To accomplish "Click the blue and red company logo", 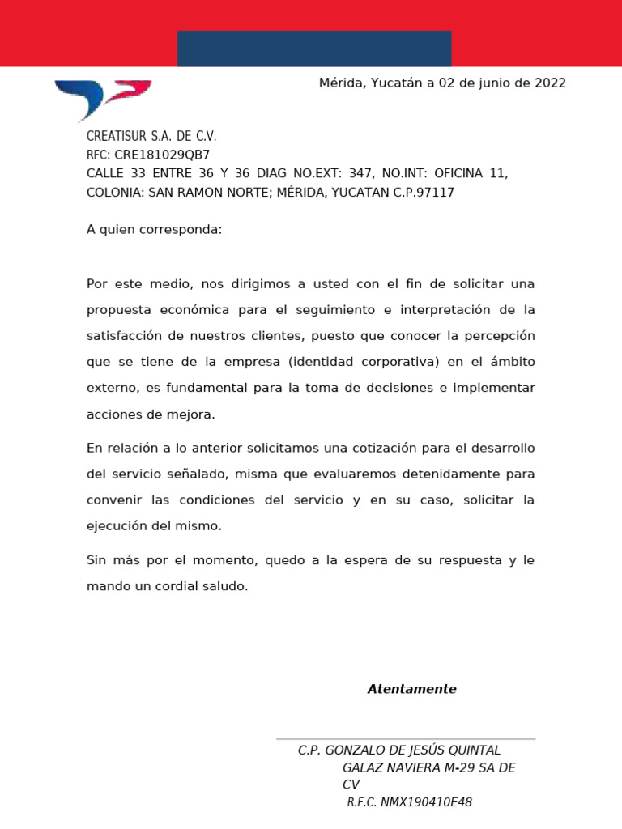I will click(x=103, y=99).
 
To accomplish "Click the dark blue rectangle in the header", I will click(x=314, y=49).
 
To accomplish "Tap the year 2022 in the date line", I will click(x=550, y=83).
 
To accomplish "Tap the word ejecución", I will click(x=117, y=525).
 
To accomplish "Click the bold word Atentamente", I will click(x=411, y=689).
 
